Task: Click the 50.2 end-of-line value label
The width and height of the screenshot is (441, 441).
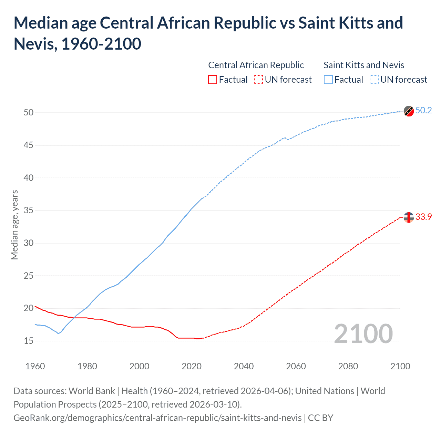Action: coord(423,110)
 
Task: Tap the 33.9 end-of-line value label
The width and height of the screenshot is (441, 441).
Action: coord(423,217)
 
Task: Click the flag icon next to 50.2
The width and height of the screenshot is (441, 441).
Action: coord(409,111)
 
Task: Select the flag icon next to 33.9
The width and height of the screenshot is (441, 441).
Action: coord(409,217)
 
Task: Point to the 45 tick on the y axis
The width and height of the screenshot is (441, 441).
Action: coord(29,145)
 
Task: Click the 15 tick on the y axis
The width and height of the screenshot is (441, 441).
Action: coord(29,341)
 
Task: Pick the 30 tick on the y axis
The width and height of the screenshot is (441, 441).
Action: coord(29,243)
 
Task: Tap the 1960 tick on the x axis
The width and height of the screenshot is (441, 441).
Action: coord(35,366)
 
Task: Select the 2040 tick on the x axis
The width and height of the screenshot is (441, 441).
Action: coord(244,366)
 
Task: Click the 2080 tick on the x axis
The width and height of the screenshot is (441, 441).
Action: coord(348,366)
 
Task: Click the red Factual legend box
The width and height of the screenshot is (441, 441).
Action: coord(213,80)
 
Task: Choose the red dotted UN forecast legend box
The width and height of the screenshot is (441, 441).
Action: coord(258,80)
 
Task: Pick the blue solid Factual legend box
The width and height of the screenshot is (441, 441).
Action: coord(328,80)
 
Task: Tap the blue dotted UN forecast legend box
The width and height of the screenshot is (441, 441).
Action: coord(374,80)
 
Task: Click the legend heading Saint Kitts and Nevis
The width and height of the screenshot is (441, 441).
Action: coord(364,65)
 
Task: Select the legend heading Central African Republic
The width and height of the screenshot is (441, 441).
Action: coord(256,65)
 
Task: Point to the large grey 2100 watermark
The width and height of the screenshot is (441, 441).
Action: coord(363,334)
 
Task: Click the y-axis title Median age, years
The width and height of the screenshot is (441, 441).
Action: coord(14,225)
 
